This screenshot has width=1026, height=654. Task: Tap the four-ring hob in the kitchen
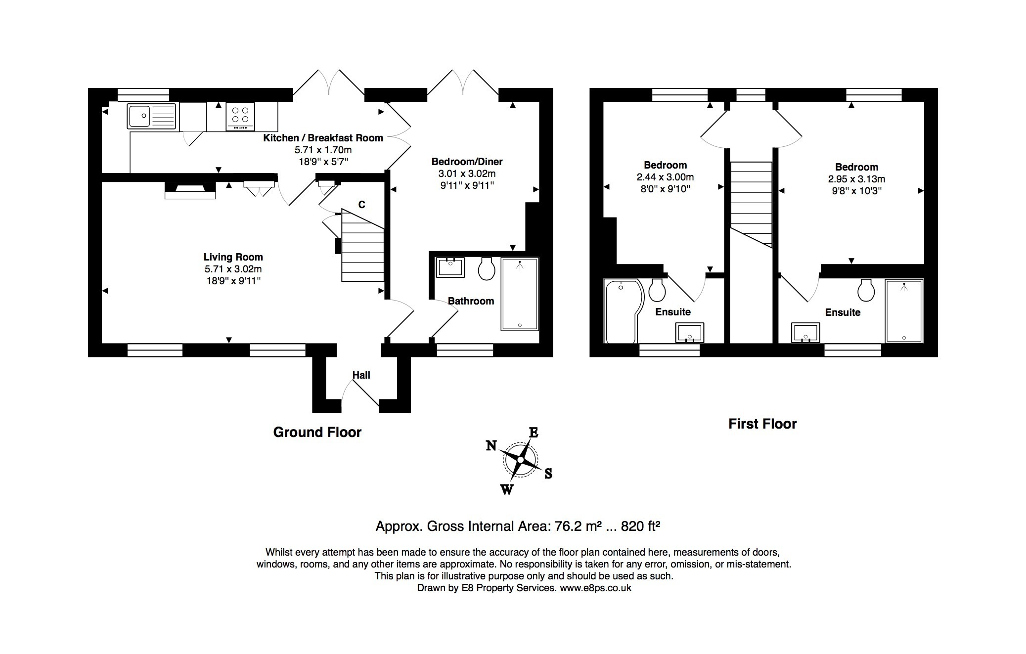coord(240,116)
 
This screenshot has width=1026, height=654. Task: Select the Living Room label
coord(233,257)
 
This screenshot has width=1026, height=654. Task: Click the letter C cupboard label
coord(361,205)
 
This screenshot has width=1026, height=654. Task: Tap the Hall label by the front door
coord(361,375)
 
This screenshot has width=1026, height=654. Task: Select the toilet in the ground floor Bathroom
coord(487,268)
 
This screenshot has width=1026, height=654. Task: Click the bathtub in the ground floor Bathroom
coord(519,294)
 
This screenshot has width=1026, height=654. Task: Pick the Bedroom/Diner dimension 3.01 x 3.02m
coord(466,174)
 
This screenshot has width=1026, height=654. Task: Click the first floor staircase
coord(751,203)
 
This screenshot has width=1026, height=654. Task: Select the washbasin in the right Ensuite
coord(805,333)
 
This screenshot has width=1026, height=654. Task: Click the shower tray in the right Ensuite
coord(904,310)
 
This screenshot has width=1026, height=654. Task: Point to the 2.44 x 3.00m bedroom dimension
coord(665,177)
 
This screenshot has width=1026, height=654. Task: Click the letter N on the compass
coord(491,446)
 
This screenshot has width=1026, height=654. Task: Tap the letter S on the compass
coord(548,474)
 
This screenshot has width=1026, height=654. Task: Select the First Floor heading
coord(762,424)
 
